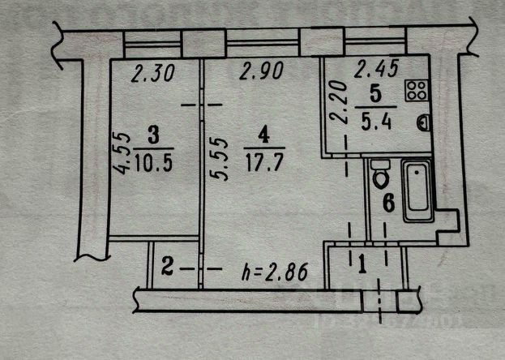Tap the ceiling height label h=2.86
276,272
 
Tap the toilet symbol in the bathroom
379,172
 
